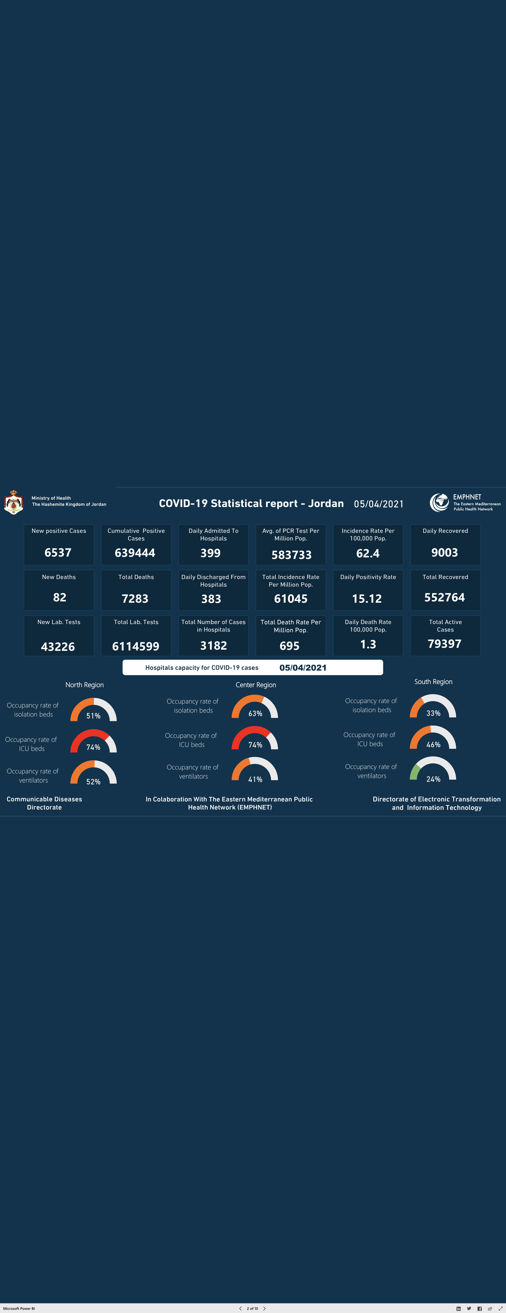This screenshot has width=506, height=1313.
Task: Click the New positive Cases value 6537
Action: point(58,552)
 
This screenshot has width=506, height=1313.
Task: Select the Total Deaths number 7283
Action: point(135,598)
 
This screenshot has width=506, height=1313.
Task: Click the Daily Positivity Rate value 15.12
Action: point(367,598)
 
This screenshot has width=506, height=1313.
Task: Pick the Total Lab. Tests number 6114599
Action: point(136,646)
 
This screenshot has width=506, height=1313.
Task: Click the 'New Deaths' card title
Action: point(59,577)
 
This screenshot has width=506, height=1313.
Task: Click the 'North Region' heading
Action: point(85,685)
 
